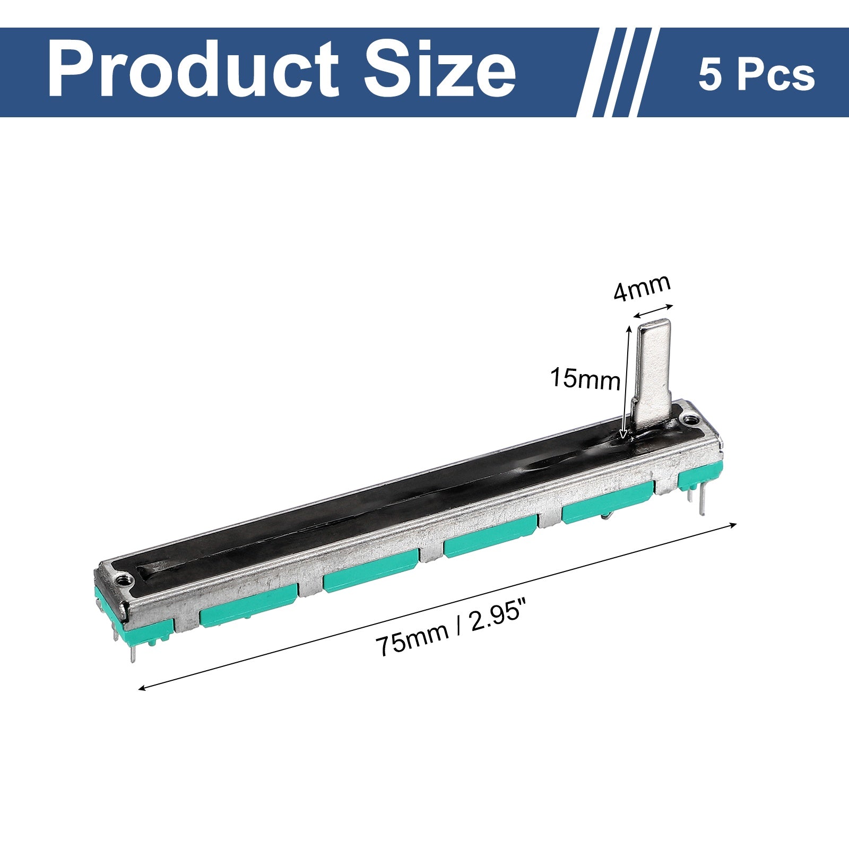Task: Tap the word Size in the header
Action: pyautogui.click(x=440, y=71)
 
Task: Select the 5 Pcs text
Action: pyautogui.click(x=756, y=76)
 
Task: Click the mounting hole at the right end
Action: pyautogui.click(x=690, y=419)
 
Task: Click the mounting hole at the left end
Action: pyautogui.click(x=124, y=579)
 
